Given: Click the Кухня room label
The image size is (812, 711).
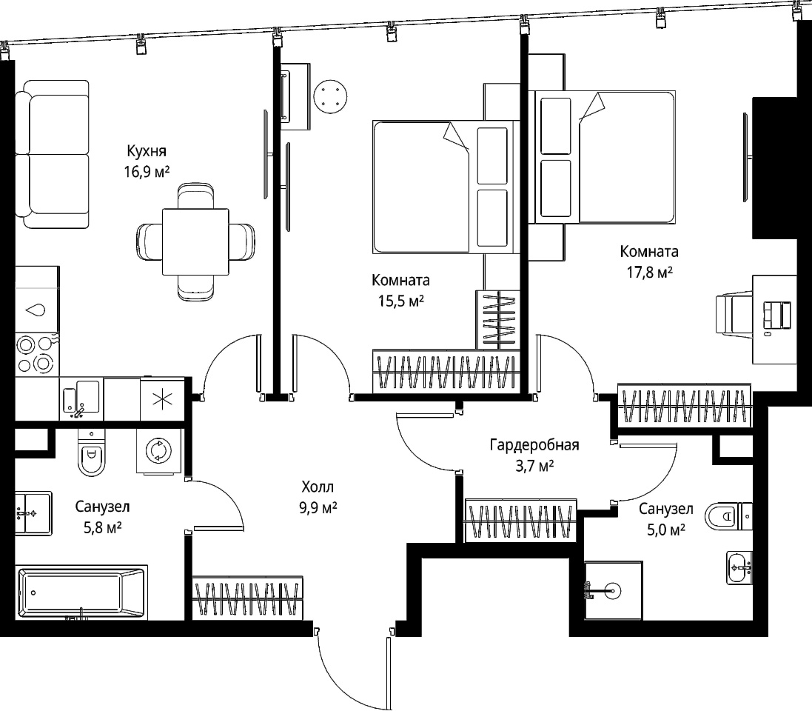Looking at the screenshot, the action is tap(147, 151).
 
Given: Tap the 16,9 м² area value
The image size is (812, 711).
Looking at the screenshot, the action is tap(147, 172).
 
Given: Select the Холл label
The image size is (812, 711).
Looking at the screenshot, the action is tap(318, 487).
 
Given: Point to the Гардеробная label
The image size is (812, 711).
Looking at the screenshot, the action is tap(534, 445).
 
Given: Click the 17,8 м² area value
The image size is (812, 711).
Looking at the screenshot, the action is tap(650, 272).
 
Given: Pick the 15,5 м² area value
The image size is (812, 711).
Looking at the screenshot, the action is tap(401, 301).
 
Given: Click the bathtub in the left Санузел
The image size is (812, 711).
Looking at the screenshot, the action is tap(81, 592).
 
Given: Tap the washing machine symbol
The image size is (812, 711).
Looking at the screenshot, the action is tap(159, 451).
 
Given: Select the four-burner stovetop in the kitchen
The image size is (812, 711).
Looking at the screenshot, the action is tap(36, 354).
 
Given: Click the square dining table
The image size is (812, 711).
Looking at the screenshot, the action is tap(195, 241).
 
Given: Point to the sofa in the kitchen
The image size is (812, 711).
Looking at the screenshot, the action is tap(52, 154).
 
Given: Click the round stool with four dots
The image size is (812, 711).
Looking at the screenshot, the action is tap(330, 96).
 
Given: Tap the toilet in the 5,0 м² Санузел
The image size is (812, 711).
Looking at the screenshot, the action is tap(728, 516).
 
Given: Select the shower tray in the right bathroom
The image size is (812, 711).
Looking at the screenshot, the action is tap(613, 590).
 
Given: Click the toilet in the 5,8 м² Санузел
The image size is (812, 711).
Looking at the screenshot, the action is tap(92, 453).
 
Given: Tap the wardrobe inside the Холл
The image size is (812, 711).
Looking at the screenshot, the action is tap(248, 598).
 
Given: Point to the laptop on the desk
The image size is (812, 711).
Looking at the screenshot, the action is tap(778, 315).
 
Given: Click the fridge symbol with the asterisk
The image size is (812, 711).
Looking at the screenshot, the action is tap(163, 398).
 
